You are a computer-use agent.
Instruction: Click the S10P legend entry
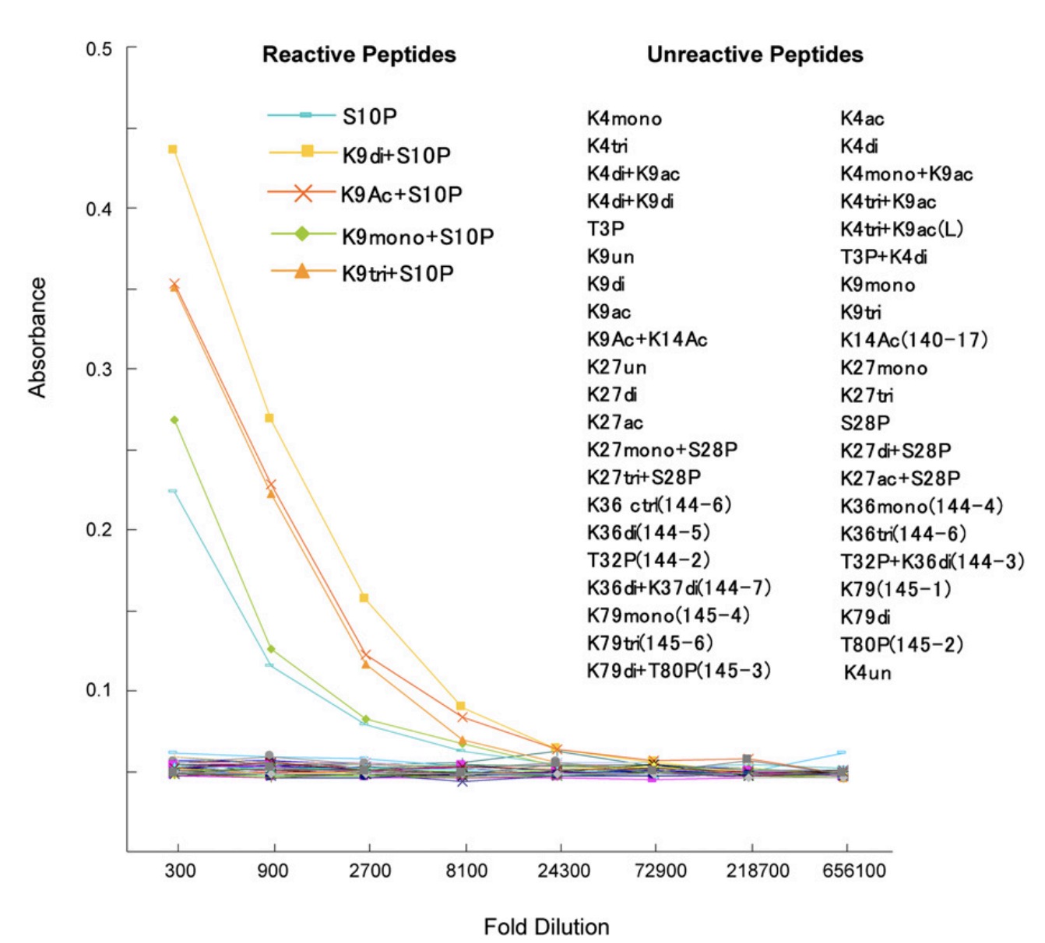click(369, 117)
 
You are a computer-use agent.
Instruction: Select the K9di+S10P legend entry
click(396, 156)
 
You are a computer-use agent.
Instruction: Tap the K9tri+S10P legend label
click(397, 274)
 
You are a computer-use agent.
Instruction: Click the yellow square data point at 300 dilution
click(173, 149)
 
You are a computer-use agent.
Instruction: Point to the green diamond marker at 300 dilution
click(174, 420)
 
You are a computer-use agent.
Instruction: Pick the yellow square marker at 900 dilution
click(269, 419)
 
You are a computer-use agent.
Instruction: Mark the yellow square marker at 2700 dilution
click(364, 598)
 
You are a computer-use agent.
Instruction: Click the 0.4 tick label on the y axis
click(99, 209)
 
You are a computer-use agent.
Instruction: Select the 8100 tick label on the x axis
click(466, 871)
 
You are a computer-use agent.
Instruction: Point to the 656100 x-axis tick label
click(853, 871)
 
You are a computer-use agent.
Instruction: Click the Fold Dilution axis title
click(546, 927)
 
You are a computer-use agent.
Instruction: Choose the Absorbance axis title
click(37, 338)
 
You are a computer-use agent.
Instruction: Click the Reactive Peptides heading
click(359, 54)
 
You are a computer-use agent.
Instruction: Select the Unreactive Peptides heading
click(755, 54)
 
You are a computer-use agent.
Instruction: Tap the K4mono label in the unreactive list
click(625, 119)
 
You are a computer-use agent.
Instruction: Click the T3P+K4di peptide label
click(884, 257)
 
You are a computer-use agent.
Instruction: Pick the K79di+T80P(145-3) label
click(679, 671)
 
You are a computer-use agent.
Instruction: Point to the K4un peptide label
click(867, 673)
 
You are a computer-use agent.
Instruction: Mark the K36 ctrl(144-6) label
click(660, 505)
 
